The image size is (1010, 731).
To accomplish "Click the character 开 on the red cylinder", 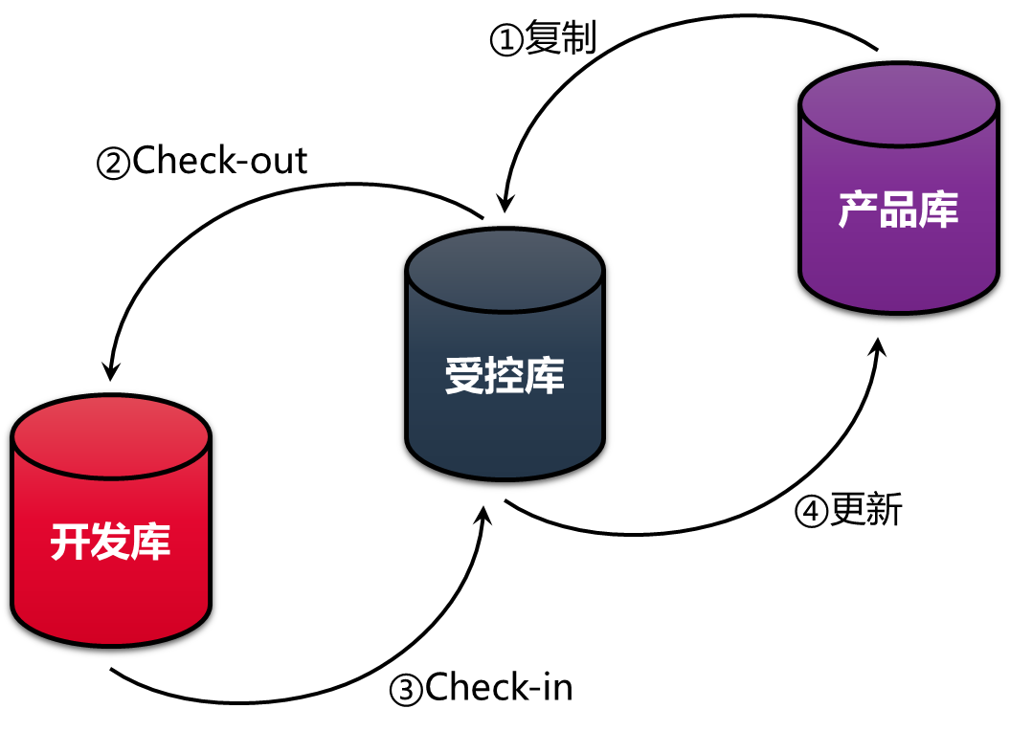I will pyautogui.click(x=71, y=543).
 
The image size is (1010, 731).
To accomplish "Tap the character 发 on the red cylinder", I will pyautogui.click(x=111, y=543).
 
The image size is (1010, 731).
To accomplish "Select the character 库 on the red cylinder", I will pyautogui.click(x=151, y=543).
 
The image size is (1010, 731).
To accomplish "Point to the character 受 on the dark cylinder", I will pyautogui.click(x=464, y=376).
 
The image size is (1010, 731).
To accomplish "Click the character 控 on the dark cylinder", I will pyautogui.click(x=505, y=376).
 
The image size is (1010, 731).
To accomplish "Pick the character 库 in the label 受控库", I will pyautogui.click(x=545, y=376).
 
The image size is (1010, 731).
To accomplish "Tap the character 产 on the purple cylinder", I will pyautogui.click(x=858, y=210).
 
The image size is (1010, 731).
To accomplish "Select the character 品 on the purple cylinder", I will pyautogui.click(x=898, y=210).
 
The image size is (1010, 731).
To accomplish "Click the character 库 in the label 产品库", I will pyautogui.click(x=938, y=210).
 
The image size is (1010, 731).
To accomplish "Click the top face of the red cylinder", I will pyautogui.click(x=111, y=435).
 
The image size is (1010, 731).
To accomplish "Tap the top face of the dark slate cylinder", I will pyautogui.click(x=505, y=269).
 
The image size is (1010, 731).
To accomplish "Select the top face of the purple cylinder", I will pyautogui.click(x=899, y=103).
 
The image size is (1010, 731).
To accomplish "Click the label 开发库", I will pyautogui.click(x=111, y=543).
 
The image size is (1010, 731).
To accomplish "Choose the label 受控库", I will pyautogui.click(x=505, y=376).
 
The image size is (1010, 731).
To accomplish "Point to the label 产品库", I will pyautogui.click(x=898, y=210).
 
